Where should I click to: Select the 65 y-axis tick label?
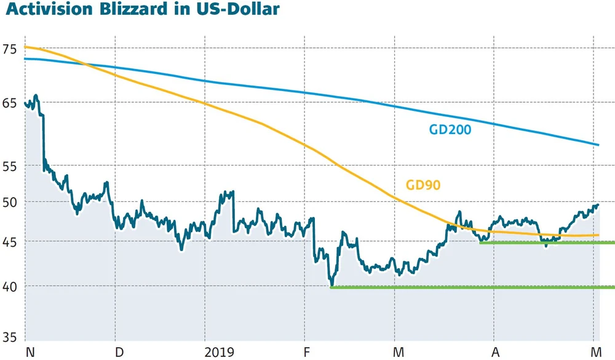10,102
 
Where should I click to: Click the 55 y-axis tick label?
10,166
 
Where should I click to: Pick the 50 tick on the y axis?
10,202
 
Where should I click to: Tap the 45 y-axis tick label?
10,241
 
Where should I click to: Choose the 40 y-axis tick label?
10,286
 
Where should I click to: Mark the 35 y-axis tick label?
10,337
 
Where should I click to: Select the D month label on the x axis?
119,352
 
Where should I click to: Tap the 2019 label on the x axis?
219,352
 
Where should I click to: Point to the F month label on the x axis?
308,352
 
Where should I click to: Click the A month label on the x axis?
496,352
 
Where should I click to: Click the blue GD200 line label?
454,129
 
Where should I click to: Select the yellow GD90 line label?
423,185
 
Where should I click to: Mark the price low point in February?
332,284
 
